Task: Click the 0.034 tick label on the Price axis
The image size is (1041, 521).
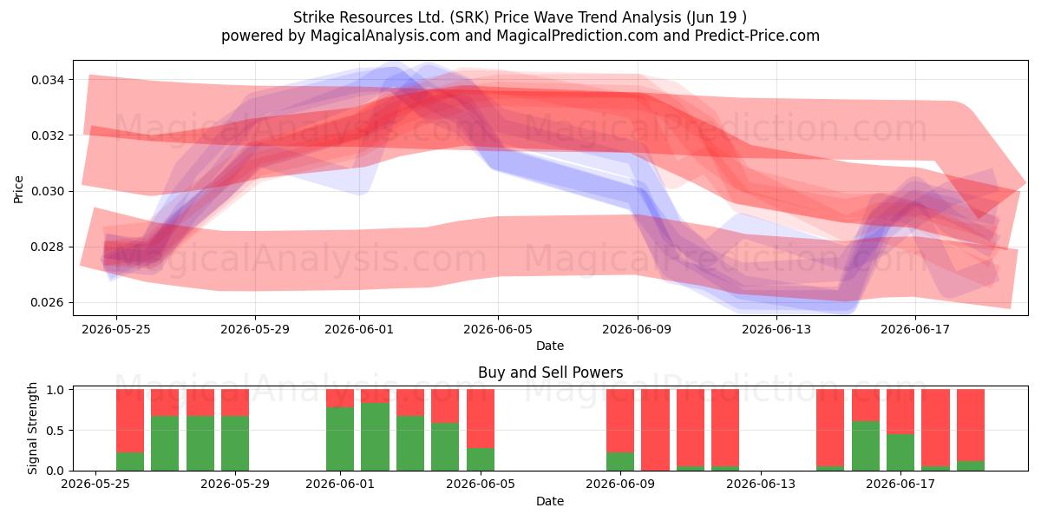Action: (x=48, y=80)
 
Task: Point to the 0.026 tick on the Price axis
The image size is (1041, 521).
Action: (x=48, y=303)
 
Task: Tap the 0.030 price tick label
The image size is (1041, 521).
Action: (x=48, y=191)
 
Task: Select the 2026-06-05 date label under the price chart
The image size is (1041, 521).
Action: (x=498, y=329)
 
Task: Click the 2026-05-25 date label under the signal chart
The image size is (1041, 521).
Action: (x=95, y=485)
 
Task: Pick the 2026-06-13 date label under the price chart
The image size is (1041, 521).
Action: (x=776, y=329)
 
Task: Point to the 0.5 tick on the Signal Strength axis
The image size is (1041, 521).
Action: (x=56, y=431)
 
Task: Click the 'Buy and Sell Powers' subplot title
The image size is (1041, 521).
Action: (x=550, y=373)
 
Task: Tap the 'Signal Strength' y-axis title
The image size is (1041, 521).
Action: (x=32, y=428)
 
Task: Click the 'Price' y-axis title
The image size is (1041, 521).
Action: (x=18, y=189)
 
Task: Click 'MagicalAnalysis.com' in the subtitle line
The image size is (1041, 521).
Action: (x=385, y=36)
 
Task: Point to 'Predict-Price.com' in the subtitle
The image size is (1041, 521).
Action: (x=757, y=36)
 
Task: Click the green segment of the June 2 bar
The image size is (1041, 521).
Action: (x=375, y=437)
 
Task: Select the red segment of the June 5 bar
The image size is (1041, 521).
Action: (x=481, y=419)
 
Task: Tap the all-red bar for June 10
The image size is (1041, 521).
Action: (x=655, y=430)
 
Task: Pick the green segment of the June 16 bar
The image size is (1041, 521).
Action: (x=866, y=446)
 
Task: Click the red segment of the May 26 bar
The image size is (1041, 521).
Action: (x=130, y=420)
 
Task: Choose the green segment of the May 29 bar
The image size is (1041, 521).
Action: (x=235, y=444)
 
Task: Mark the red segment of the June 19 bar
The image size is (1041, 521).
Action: (x=971, y=425)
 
